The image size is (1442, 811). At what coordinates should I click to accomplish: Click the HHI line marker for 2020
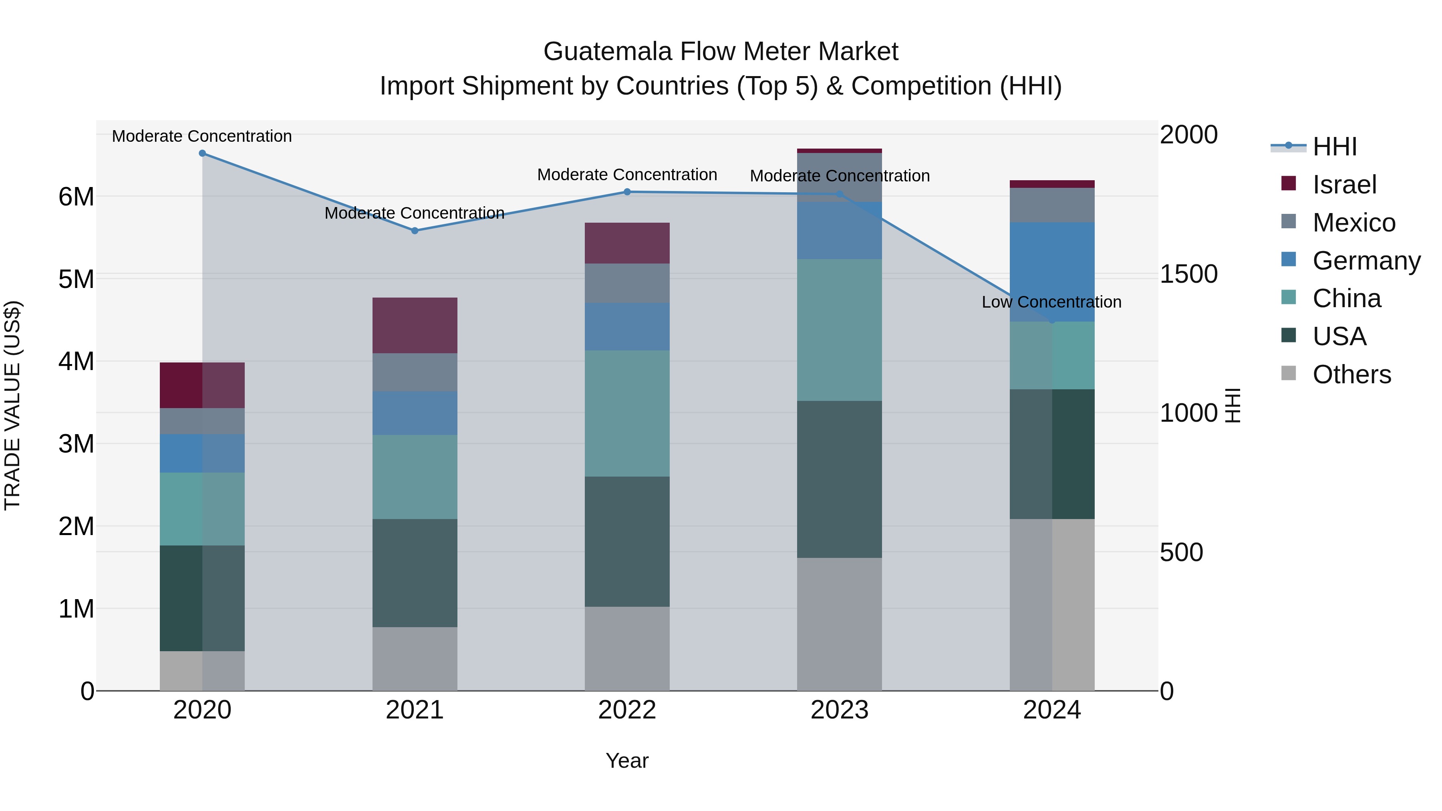[203, 153]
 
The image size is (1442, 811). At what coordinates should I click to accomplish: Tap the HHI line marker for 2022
[627, 192]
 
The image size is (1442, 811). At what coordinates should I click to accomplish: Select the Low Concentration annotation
[1051, 302]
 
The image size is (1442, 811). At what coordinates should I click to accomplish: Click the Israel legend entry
[1344, 185]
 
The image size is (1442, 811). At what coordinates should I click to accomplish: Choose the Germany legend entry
[1366, 261]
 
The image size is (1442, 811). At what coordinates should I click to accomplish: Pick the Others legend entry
[1351, 374]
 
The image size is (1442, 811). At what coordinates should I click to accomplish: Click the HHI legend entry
[1335, 147]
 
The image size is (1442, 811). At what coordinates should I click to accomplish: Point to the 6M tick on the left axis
[76, 197]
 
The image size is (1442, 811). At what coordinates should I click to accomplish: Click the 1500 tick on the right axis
[1188, 274]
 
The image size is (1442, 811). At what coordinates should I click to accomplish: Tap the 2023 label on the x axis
[839, 710]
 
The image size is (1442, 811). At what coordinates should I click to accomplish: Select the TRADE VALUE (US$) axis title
[12, 405]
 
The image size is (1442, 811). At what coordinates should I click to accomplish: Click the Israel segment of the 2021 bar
[415, 325]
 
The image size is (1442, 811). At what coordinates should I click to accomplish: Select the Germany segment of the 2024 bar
[1052, 272]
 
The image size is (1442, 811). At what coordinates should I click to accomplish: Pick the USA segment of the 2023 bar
[839, 479]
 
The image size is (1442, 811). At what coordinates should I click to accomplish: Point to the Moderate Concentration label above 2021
[414, 213]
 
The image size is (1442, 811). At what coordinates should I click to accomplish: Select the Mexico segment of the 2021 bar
[415, 372]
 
